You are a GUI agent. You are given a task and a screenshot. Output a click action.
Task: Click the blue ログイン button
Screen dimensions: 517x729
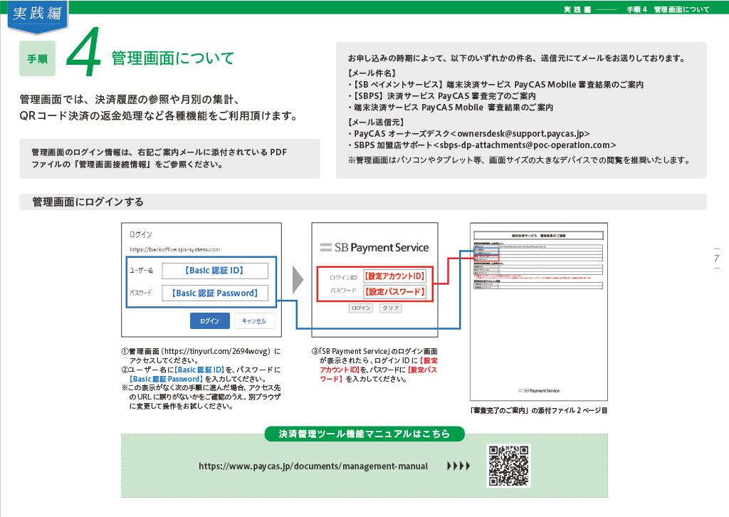[209, 321]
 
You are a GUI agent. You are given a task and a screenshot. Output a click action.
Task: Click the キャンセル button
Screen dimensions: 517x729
[253, 321]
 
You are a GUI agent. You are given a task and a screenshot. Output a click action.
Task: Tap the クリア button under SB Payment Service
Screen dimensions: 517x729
[389, 308]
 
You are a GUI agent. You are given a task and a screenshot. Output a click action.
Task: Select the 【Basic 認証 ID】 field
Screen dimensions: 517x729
[214, 271]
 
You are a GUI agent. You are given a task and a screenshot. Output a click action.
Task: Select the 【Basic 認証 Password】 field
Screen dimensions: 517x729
[214, 293]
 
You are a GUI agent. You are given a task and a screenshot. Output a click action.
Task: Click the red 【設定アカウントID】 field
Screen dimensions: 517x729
[394, 276]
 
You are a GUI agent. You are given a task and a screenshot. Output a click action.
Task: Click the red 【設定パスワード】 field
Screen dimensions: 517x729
[394, 292]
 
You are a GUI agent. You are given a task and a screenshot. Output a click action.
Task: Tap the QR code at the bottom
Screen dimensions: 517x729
[508, 466]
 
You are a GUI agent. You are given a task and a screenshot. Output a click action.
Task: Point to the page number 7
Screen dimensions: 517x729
[716, 258]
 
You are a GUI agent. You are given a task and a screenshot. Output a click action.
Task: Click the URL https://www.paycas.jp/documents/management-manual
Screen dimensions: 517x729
[313, 466]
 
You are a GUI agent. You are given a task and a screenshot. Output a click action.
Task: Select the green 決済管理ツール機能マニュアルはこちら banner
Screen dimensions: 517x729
[364, 433]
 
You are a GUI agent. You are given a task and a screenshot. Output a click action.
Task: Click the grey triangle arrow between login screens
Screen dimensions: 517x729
[298, 281]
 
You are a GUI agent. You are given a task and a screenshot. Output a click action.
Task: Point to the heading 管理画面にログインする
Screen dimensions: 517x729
[88, 202]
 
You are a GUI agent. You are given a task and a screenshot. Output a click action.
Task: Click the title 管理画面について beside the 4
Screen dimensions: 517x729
[173, 58]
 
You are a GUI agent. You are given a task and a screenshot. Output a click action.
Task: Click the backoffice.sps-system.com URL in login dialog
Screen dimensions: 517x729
[174, 249]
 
